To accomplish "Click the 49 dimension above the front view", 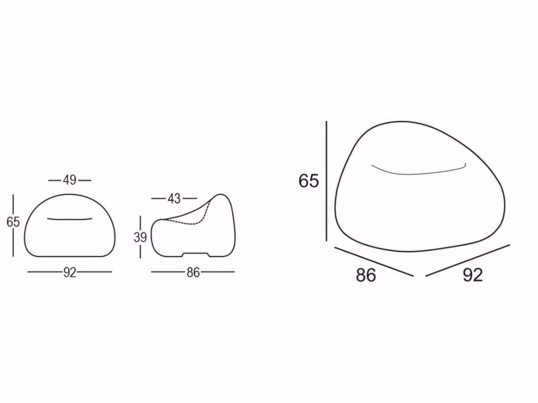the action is pos(70,181).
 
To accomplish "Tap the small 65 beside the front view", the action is pos(13,222).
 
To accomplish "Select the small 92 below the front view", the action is pos(70,273).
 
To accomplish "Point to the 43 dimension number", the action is pos(174,199).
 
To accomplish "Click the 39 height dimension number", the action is pos(140,237).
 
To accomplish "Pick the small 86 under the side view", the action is pos(193,273).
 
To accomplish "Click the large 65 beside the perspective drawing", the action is pos(309,181).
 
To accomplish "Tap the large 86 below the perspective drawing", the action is pos(366,275).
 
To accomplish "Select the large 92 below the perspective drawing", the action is pos(473,275).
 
